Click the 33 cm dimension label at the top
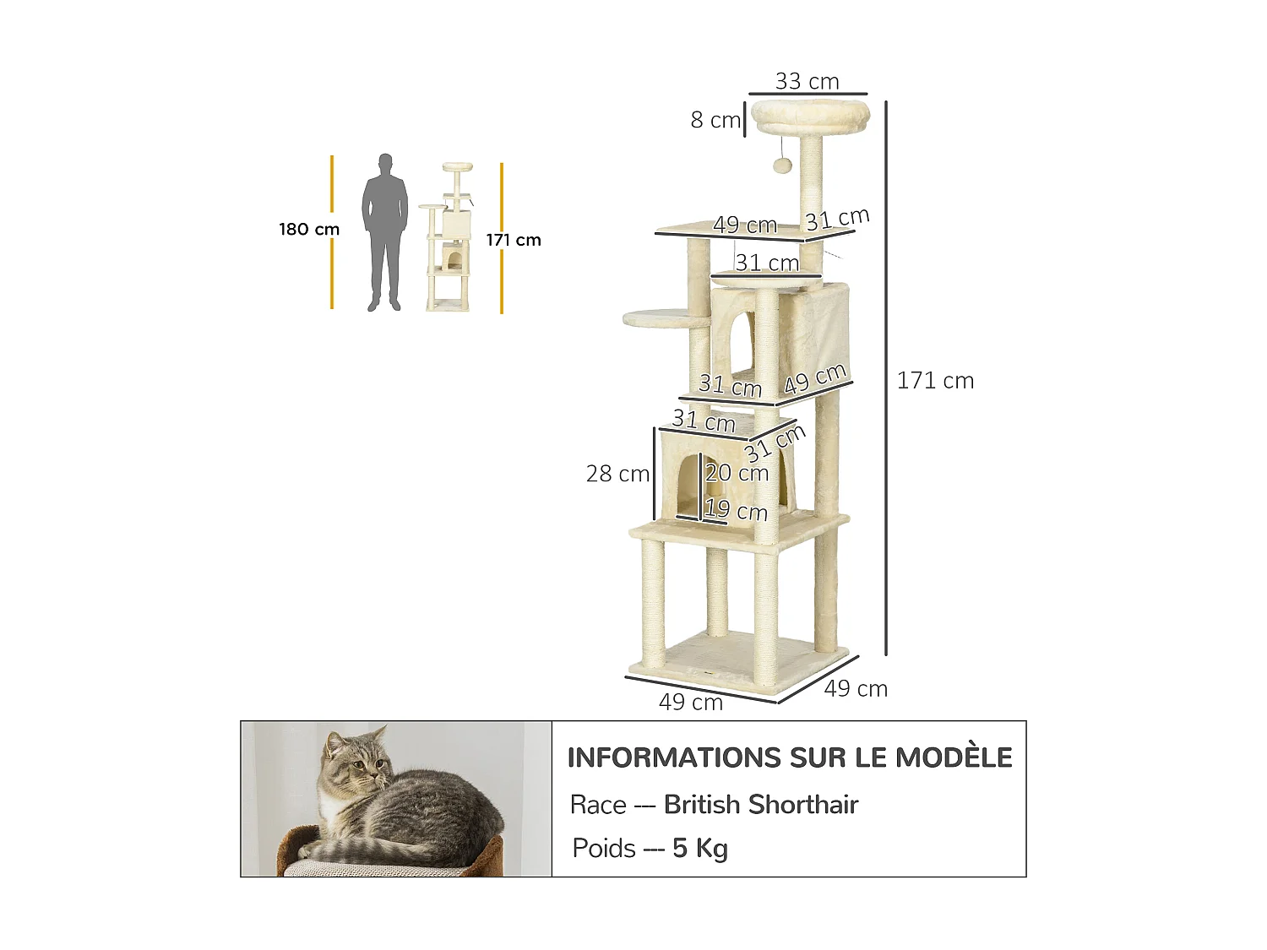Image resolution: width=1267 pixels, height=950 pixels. click(x=807, y=82)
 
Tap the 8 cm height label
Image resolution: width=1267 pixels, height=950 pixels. click(x=715, y=120)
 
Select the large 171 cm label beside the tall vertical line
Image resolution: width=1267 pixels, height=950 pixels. click(x=935, y=381)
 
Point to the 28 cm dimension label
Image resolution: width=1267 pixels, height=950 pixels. click(x=617, y=474)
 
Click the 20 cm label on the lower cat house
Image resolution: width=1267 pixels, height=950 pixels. click(x=737, y=473)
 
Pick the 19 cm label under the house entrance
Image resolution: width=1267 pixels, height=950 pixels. click(x=736, y=510)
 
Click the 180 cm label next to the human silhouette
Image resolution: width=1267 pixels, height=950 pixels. click(x=309, y=230)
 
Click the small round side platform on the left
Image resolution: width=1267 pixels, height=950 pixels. click(x=655, y=318)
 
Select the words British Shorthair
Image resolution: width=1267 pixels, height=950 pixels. click(x=761, y=805)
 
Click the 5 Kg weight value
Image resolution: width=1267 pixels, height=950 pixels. click(x=700, y=848)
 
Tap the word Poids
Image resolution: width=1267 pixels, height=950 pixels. click(x=604, y=848)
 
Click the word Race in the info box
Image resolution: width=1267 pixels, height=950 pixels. click(x=598, y=805)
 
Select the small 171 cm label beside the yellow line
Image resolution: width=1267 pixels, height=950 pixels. click(x=514, y=240)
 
